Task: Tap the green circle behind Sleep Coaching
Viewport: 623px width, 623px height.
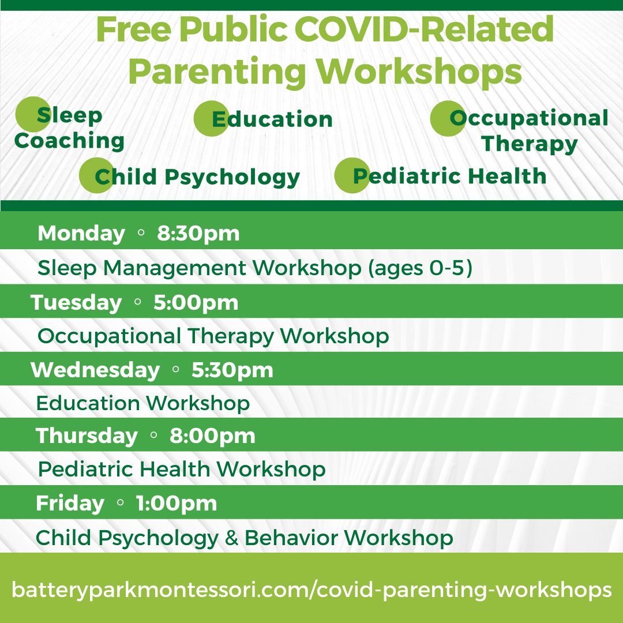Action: tap(33, 114)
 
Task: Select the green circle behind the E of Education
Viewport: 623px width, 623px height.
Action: tap(211, 118)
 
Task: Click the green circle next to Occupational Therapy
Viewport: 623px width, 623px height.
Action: tap(448, 118)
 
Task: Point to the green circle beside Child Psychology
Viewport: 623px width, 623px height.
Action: tap(97, 175)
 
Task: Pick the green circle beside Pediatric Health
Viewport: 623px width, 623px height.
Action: tap(352, 175)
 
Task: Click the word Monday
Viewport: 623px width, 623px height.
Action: tap(81, 233)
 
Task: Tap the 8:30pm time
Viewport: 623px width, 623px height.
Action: tap(198, 233)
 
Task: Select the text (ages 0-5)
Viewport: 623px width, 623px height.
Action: tap(421, 268)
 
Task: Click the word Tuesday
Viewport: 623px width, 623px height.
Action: tap(76, 302)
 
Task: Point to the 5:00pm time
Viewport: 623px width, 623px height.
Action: tap(196, 302)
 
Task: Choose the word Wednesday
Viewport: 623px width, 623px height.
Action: tap(95, 370)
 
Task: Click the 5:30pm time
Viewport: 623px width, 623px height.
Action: tap(232, 370)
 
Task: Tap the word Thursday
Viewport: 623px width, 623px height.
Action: tap(87, 436)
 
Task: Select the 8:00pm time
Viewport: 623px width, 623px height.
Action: tap(212, 436)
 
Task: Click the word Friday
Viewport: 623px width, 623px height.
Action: tap(70, 503)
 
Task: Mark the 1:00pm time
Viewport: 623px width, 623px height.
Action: tap(177, 503)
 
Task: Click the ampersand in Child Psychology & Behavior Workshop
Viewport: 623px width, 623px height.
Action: tap(231, 538)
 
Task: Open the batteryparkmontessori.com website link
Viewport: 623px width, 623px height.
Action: tap(311, 590)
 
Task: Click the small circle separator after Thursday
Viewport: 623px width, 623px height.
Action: tap(154, 435)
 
